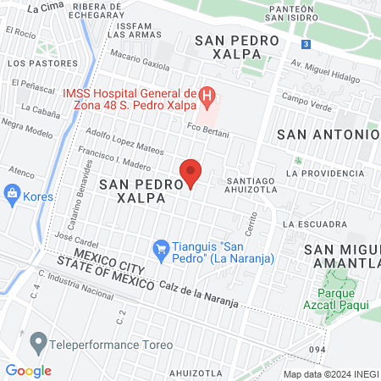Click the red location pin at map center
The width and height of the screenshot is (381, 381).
(x=191, y=171)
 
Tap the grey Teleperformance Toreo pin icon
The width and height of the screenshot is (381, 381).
(x=37, y=344)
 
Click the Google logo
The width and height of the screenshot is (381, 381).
(x=28, y=370)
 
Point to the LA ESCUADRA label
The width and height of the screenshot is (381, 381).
(x=314, y=224)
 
